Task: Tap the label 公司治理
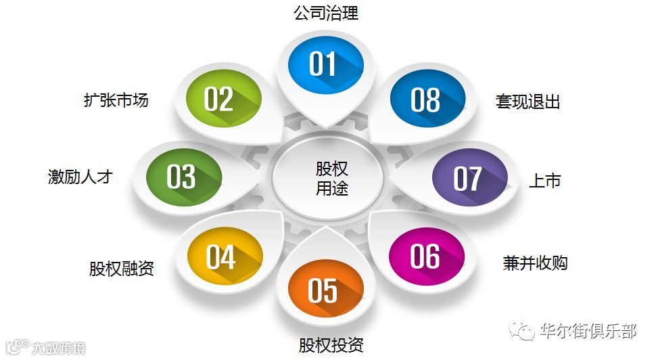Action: tap(326, 13)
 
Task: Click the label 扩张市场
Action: tap(116, 100)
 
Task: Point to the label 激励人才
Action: tap(80, 177)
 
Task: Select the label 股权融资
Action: tap(122, 269)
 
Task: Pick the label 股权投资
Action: tap(331, 345)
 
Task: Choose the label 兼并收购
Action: tap(535, 263)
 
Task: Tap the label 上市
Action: tap(544, 181)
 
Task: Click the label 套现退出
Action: tap(528, 102)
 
